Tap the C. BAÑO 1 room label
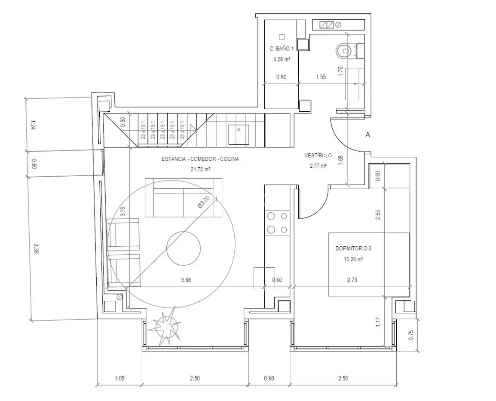[x=282, y=49]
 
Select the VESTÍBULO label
[x=318, y=155]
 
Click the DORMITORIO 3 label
[x=353, y=248]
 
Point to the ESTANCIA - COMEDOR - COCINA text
[x=200, y=159]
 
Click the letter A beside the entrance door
[x=367, y=135]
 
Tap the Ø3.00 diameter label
[x=203, y=202]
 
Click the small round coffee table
[x=184, y=248]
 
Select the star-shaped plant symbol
[x=165, y=326]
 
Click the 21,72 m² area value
[x=200, y=169]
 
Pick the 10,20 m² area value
[x=353, y=259]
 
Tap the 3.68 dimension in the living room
[x=186, y=280]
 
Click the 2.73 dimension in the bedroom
[x=352, y=280]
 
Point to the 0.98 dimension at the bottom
[x=269, y=378]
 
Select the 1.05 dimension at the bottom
[x=119, y=378]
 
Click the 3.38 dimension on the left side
[x=35, y=248]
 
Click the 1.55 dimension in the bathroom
[x=321, y=77]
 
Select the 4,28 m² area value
[x=282, y=59]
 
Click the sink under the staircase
[x=239, y=135]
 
